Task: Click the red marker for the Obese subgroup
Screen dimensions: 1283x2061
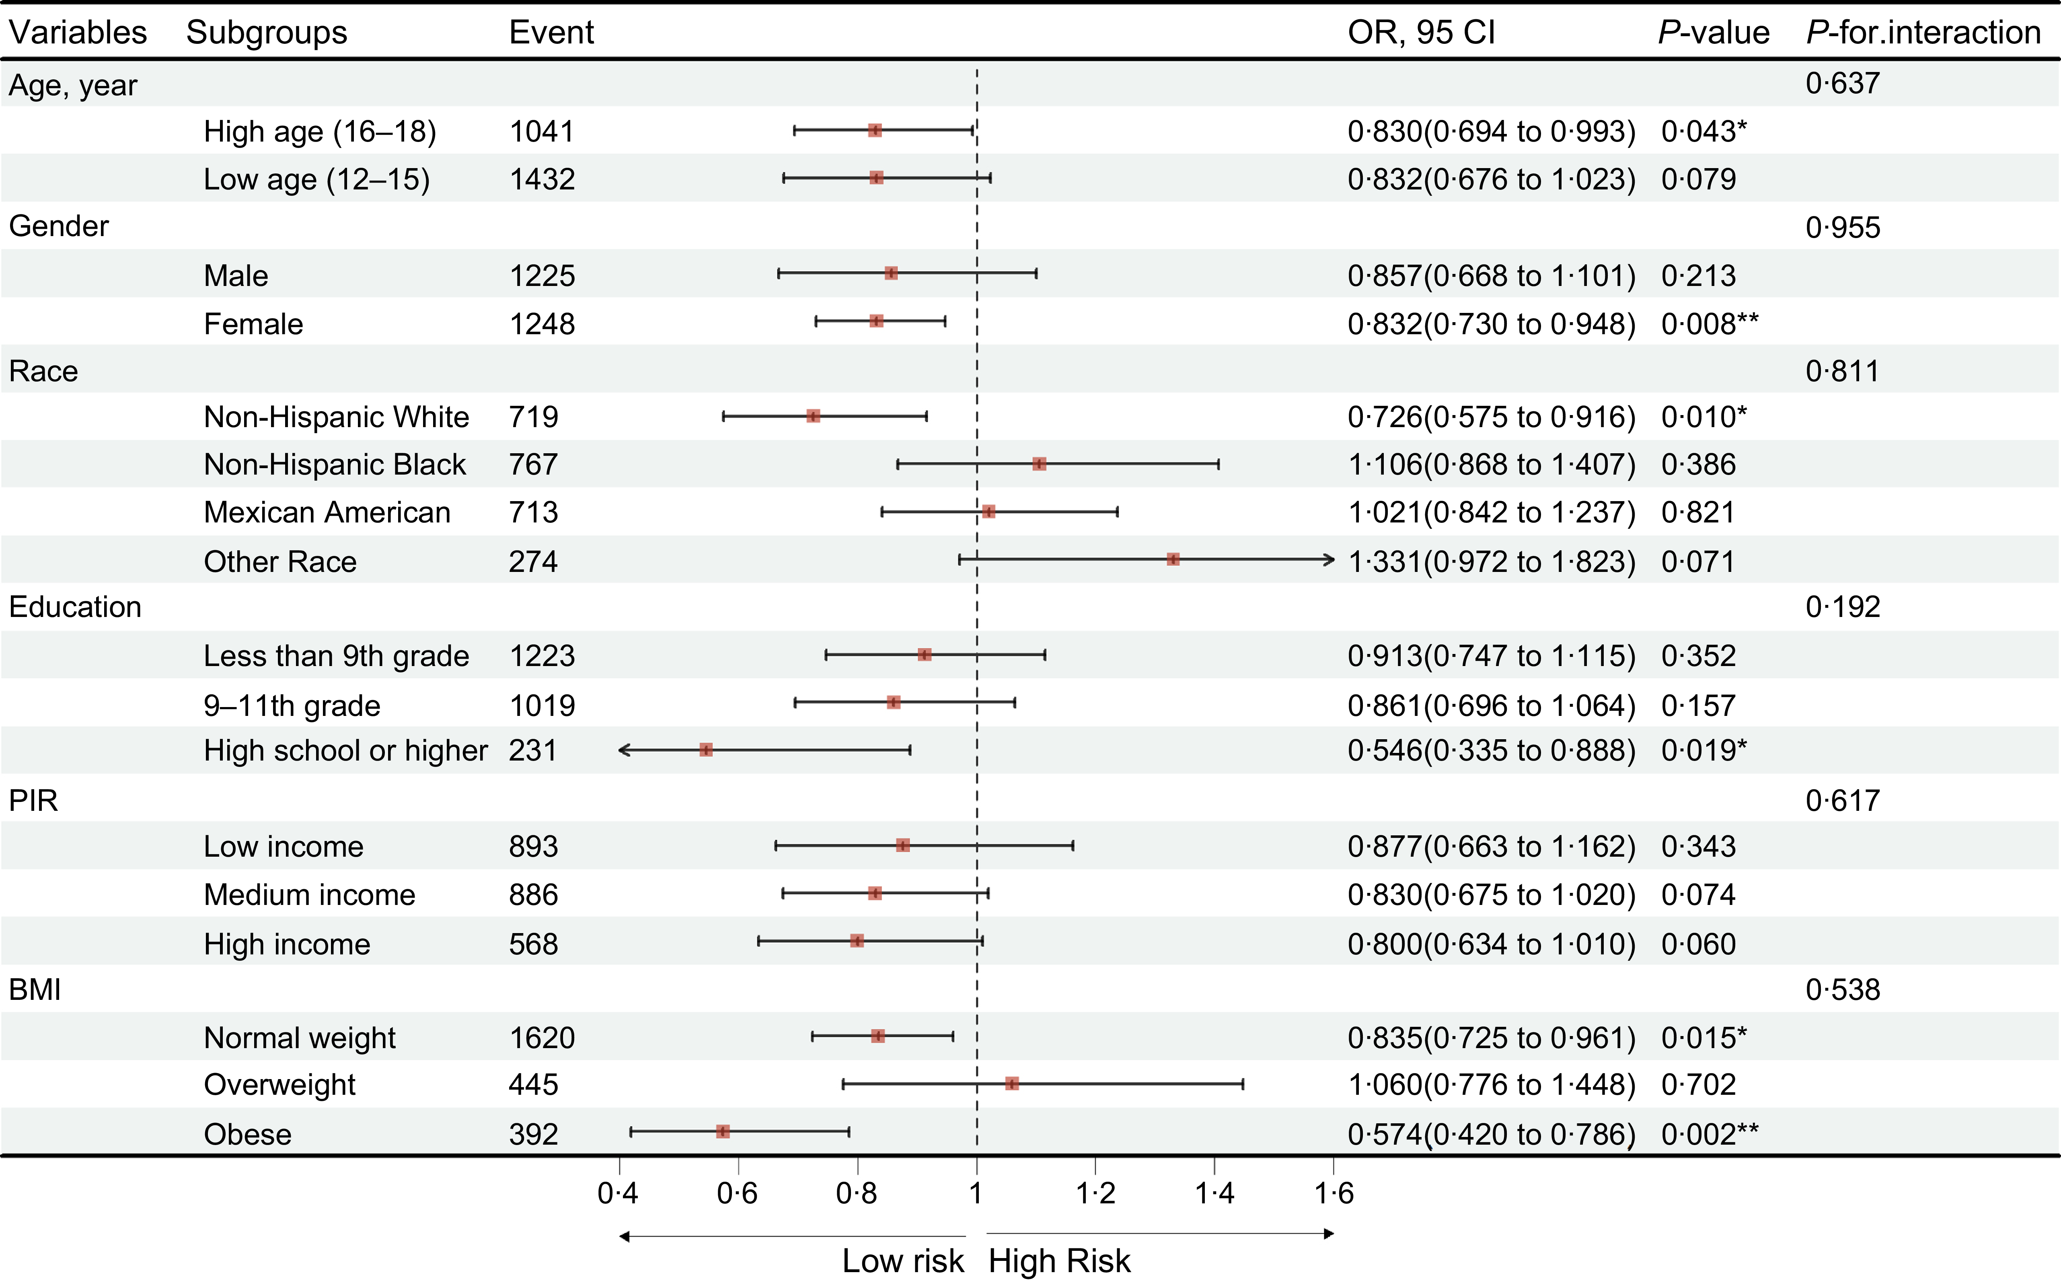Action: tap(723, 1131)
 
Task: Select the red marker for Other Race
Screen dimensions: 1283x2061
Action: tap(1173, 559)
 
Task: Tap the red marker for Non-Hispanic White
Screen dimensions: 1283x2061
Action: tap(813, 416)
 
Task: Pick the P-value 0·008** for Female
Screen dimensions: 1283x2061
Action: tap(1709, 324)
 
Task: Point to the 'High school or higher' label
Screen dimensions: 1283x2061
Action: tap(345, 751)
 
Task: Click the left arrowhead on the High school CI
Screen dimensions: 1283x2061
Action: tap(624, 750)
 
